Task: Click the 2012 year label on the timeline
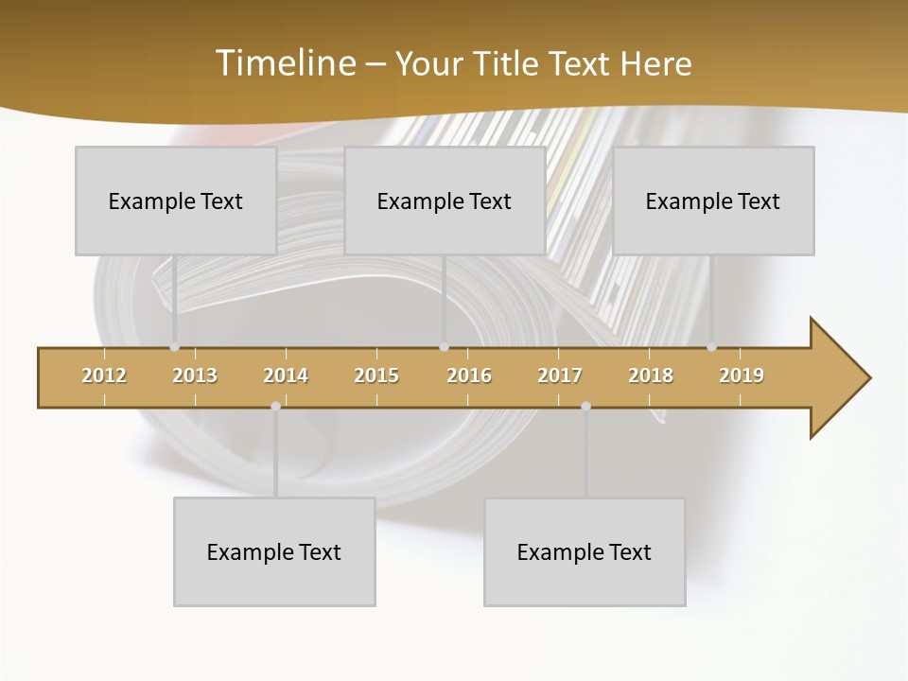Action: click(104, 375)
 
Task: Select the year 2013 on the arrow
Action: click(195, 375)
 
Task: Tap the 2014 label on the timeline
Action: click(286, 375)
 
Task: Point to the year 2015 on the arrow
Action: click(376, 375)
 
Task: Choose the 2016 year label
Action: click(469, 375)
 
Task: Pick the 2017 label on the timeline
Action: click(560, 375)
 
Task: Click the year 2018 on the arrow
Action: click(651, 375)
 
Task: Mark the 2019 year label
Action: click(742, 375)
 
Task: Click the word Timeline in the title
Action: click(284, 63)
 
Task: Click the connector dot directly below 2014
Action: click(275, 406)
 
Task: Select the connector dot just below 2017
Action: click(585, 406)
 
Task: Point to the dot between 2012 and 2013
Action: click(174, 347)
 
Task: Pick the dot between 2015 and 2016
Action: click(444, 347)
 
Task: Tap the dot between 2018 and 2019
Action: click(711, 347)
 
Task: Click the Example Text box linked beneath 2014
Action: click(274, 551)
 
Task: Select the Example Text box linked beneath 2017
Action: click(585, 551)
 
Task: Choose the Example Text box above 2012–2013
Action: click(176, 201)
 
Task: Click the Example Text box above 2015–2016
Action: click(445, 201)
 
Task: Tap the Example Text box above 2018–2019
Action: click(713, 201)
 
